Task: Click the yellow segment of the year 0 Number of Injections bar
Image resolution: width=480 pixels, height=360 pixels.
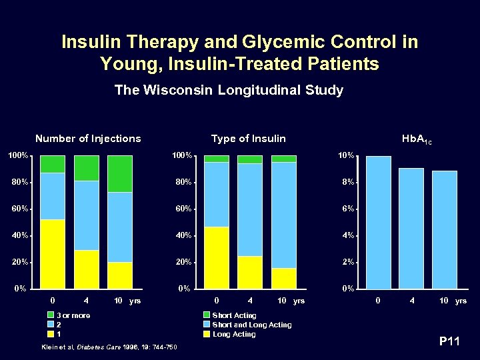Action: tap(53, 253)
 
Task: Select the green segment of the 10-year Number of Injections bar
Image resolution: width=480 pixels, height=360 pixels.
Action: tap(120, 173)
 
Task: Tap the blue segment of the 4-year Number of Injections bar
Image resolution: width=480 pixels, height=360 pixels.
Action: tap(86, 215)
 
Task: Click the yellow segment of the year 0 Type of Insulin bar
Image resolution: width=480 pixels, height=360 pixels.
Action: tap(217, 257)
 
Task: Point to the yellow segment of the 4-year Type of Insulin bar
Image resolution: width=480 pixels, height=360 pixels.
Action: tap(250, 272)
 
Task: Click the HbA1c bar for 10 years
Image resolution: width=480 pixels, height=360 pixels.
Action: tap(445, 229)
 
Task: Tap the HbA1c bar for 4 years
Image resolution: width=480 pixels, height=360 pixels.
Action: tap(411, 228)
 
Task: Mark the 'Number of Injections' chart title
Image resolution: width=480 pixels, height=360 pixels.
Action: tap(88, 139)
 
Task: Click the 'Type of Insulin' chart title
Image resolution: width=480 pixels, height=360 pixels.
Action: tap(248, 139)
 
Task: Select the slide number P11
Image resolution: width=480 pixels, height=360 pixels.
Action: tap(450, 342)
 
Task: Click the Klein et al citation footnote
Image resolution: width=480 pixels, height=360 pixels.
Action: tap(109, 347)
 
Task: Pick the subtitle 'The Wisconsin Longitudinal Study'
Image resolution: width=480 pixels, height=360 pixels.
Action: tap(229, 89)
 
